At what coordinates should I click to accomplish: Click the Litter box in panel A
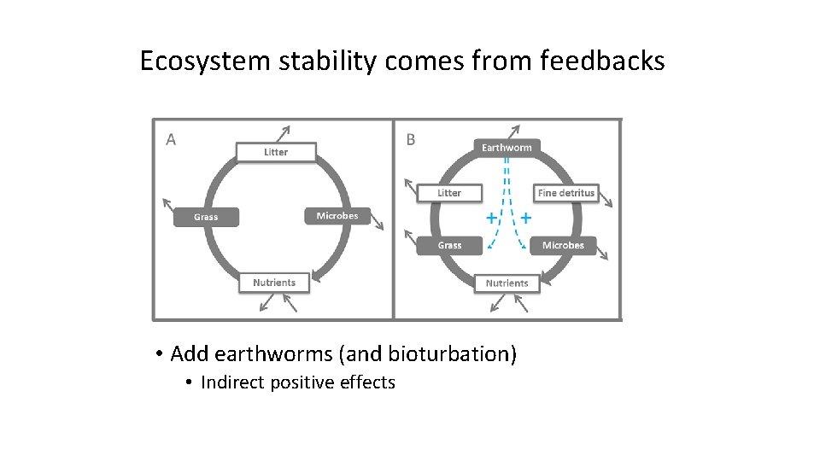point(276,152)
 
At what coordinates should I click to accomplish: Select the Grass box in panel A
point(206,217)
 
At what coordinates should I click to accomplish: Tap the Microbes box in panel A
point(337,216)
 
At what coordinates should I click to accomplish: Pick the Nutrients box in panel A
point(274,283)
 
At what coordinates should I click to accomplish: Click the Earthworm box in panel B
point(507,148)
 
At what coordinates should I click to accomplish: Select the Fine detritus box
point(566,193)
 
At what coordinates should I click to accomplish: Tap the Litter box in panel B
point(449,193)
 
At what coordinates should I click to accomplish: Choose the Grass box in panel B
point(449,245)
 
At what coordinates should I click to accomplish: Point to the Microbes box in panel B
point(563,245)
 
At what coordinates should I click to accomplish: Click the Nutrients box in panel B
point(507,283)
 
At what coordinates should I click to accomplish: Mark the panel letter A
point(171,140)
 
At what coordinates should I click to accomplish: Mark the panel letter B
point(411,140)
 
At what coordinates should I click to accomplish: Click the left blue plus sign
point(491,219)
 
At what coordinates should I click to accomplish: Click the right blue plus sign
point(525,219)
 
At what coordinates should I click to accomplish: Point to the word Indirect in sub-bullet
point(233,382)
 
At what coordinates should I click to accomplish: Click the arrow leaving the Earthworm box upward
point(514,131)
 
